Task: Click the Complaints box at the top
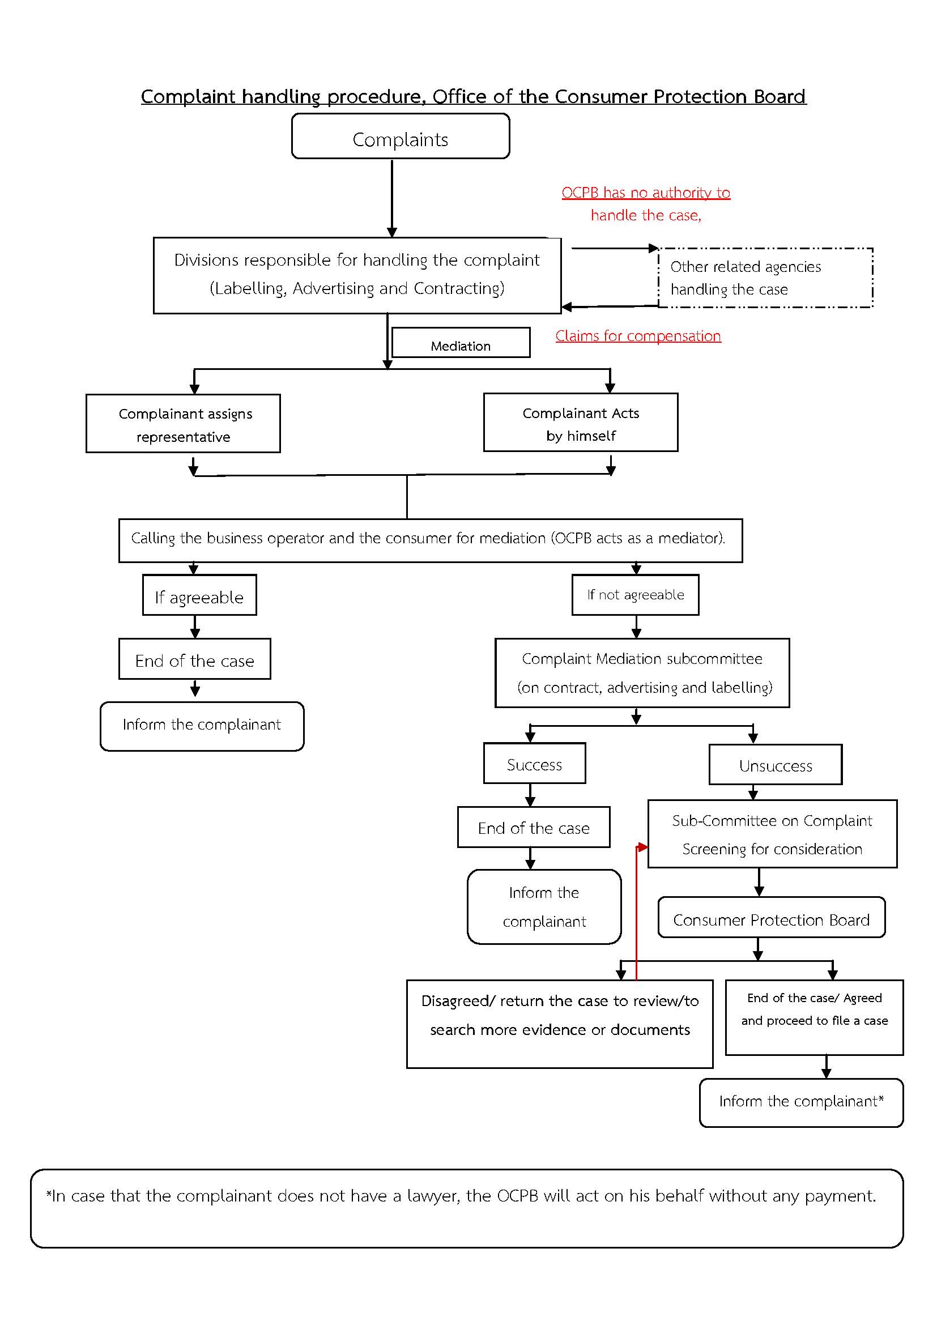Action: pyautogui.click(x=401, y=136)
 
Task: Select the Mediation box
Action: pyautogui.click(x=461, y=342)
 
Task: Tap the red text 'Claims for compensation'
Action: pyautogui.click(x=638, y=336)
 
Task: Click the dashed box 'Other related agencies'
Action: pyautogui.click(x=765, y=278)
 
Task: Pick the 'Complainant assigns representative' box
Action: pyautogui.click(x=183, y=424)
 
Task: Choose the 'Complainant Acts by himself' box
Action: pyautogui.click(x=581, y=423)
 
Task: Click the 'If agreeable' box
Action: pyautogui.click(x=199, y=595)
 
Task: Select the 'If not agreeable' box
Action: pyautogui.click(x=635, y=595)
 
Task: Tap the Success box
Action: pyautogui.click(x=534, y=763)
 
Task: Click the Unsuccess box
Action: pyautogui.click(x=776, y=765)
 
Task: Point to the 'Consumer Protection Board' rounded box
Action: pyautogui.click(x=772, y=917)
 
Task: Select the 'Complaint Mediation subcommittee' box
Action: pyautogui.click(x=642, y=673)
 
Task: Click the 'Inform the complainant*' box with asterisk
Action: pyautogui.click(x=802, y=1103)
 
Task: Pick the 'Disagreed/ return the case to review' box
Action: pyautogui.click(x=560, y=1024)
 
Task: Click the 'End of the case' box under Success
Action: pyautogui.click(x=534, y=827)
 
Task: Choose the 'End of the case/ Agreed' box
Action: pyautogui.click(x=814, y=1017)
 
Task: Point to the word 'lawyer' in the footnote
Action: pyautogui.click(x=433, y=1196)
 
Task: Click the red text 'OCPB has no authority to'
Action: pyautogui.click(x=646, y=193)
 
